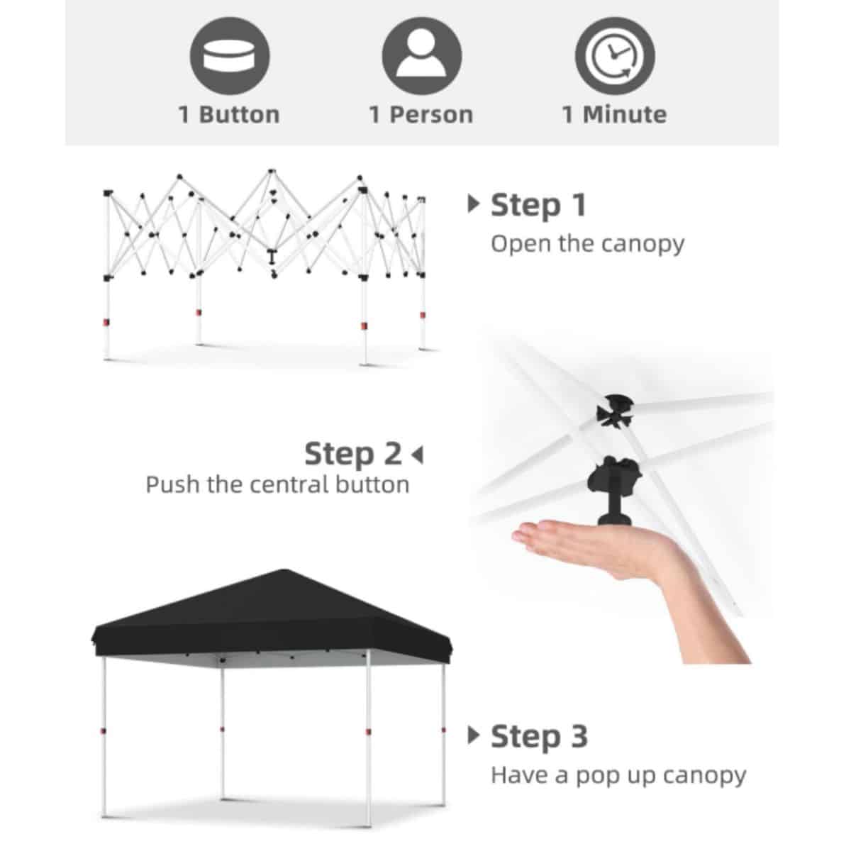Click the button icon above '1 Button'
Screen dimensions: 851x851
(230, 56)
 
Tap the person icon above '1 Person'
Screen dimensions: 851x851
(422, 56)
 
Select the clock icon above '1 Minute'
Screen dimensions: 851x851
(615, 56)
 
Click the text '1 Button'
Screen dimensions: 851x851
(229, 115)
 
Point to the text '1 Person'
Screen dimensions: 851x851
(421, 115)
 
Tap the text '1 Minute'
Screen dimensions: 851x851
(614, 115)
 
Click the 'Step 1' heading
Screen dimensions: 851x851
(539, 206)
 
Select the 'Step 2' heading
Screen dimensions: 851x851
(353, 454)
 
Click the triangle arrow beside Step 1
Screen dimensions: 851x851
(474, 204)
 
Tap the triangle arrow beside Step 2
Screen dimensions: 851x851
(417, 455)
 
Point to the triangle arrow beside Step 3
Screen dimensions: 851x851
(474, 735)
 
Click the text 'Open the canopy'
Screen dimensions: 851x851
(587, 244)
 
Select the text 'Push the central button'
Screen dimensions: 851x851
(277, 485)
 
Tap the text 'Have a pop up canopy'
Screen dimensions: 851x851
(618, 776)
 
